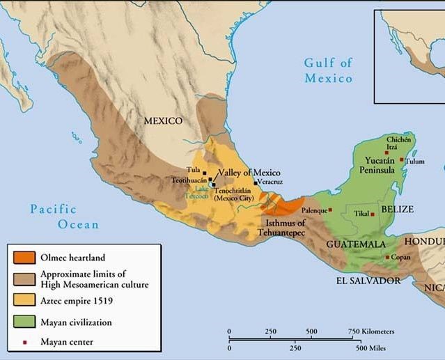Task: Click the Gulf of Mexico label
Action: click(x=329, y=71)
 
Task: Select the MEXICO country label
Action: click(x=163, y=121)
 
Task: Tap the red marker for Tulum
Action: click(x=401, y=159)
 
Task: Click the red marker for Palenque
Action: click(x=330, y=209)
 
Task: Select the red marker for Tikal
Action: click(x=373, y=214)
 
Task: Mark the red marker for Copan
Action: click(x=388, y=257)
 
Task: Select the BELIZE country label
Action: click(x=398, y=209)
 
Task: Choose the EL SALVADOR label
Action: click(x=368, y=281)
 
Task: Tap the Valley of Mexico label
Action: click(x=249, y=173)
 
